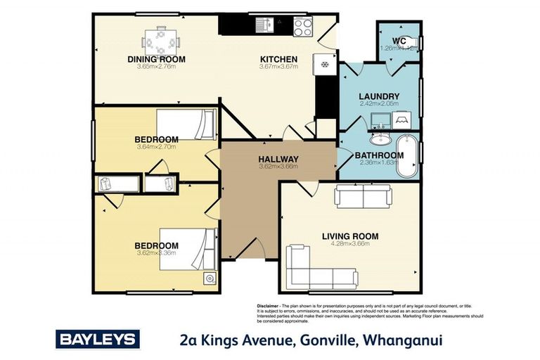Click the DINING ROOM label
[x=156, y=59]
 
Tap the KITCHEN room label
[x=279, y=59]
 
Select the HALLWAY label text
[x=279, y=159]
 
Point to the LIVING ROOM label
[x=350, y=236]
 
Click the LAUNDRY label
[x=379, y=96]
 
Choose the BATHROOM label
[x=379, y=155]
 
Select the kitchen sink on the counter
[x=268, y=26]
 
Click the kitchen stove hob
[x=303, y=26]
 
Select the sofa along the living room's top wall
[x=362, y=196]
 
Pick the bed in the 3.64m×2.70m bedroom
[x=188, y=125]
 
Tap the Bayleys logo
[x=98, y=339]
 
